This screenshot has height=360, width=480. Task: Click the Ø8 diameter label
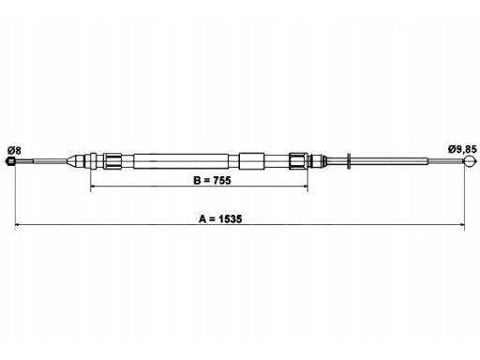click(x=14, y=151)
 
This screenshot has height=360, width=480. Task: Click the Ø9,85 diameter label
click(x=462, y=149)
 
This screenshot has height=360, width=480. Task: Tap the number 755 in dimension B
click(x=222, y=180)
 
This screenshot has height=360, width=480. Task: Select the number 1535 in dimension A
click(x=230, y=219)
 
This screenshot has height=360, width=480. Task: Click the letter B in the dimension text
click(x=197, y=180)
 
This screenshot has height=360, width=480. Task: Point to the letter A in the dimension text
click(x=202, y=219)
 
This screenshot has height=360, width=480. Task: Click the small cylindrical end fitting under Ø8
click(x=10, y=161)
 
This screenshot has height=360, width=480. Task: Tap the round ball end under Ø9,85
click(x=470, y=161)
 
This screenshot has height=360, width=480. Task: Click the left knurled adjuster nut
click(x=112, y=161)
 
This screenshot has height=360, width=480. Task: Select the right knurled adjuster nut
click(x=298, y=161)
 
